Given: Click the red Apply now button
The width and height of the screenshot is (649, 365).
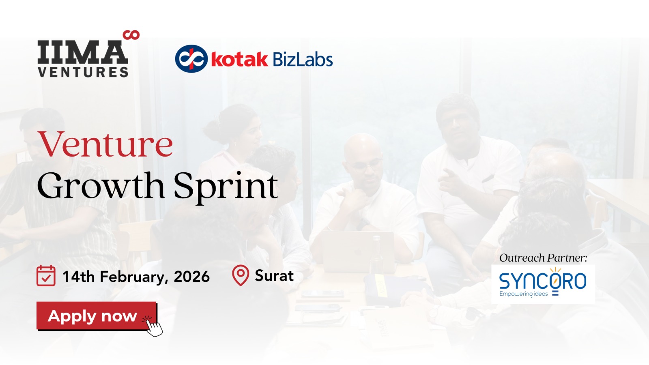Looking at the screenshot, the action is coord(97,316).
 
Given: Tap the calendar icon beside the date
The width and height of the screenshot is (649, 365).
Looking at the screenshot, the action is coord(46,276).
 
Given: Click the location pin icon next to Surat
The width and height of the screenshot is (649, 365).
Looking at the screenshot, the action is coord(241,275).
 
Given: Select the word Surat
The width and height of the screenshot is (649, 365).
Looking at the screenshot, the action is coord(274,275).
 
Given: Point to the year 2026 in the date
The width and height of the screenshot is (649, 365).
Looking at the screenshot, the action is coord(191,277).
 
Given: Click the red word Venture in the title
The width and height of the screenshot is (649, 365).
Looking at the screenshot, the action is coord(105,144).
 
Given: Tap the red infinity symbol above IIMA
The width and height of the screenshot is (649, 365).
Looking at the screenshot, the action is coord(131,35).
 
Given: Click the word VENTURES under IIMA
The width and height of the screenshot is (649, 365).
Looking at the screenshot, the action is coord(83,72).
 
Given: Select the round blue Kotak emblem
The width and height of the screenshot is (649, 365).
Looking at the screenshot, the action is coord(191,59).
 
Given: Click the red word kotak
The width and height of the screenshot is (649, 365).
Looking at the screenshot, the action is coord(240,59).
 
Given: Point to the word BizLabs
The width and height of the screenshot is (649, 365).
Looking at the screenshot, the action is coord(303,59).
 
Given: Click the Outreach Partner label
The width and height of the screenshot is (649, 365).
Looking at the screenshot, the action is coord(543,258).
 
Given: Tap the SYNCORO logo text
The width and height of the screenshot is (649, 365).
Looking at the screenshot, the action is coord(543,281).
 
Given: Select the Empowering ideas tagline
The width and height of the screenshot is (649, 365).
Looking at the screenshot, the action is coord(524,294).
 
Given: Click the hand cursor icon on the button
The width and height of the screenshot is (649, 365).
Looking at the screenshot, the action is coord(153,326).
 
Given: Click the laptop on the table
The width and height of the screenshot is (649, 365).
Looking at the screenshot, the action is coord(357,251).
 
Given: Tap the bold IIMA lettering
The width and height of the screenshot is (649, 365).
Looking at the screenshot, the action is coord(83,52).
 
